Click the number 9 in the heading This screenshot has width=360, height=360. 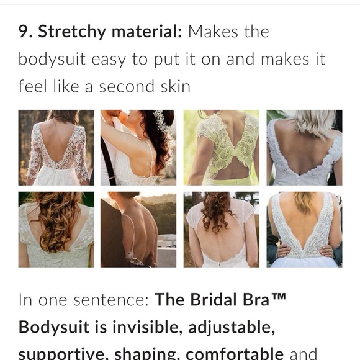[x=24, y=31]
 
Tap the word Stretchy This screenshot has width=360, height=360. [x=72, y=32]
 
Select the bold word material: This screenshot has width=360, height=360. [x=146, y=32]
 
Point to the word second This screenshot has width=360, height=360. [x=127, y=86]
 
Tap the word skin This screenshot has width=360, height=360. [x=176, y=86]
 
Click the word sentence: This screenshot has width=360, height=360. [x=111, y=300]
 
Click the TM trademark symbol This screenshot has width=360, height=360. [x=278, y=296]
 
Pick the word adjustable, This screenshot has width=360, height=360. [x=232, y=328]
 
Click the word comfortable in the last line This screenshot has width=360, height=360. [x=235, y=354]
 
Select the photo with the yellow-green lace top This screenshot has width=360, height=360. [x=222, y=147]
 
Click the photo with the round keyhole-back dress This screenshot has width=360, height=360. [x=222, y=230]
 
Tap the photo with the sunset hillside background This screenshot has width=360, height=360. [x=138, y=230]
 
